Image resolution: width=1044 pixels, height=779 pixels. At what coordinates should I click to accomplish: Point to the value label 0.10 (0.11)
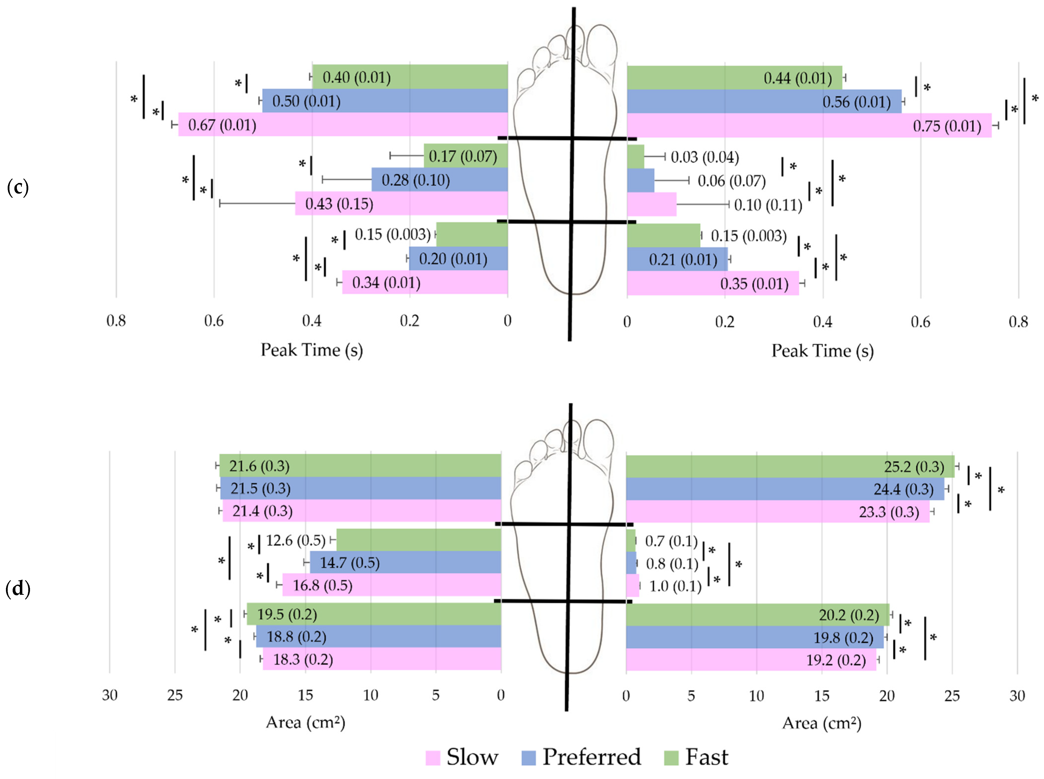tap(768, 205)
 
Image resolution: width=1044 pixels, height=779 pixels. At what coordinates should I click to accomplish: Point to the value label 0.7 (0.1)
tap(671, 541)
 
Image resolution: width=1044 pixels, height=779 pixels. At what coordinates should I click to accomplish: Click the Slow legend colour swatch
tap(432, 758)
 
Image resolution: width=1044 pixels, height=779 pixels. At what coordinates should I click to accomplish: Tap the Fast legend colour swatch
tap(671, 758)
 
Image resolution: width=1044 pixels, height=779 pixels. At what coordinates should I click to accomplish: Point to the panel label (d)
tap(18, 589)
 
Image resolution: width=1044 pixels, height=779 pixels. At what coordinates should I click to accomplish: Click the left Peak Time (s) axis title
tap(312, 350)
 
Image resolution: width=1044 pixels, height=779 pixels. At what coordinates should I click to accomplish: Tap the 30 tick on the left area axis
tap(110, 695)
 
